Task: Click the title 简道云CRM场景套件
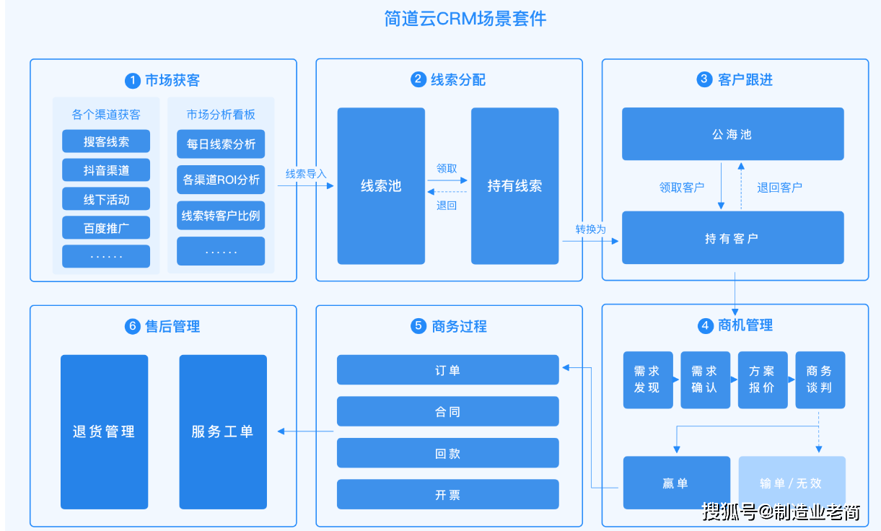(465, 19)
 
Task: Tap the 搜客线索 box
(106, 141)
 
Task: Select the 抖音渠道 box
(106, 170)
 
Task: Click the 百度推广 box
(106, 228)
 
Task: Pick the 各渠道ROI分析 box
(221, 180)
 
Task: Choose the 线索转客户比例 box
(221, 216)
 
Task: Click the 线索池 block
(381, 185)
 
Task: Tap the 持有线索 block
(515, 185)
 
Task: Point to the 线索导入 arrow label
(306, 174)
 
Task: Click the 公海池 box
(733, 134)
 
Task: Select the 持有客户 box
(733, 238)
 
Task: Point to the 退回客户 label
(779, 188)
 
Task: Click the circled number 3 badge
(704, 79)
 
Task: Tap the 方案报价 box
(763, 380)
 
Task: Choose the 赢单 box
(677, 483)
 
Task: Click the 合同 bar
(448, 411)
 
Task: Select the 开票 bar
(448, 494)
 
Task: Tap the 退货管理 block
(104, 432)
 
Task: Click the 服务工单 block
(223, 432)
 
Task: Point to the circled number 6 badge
(133, 327)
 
